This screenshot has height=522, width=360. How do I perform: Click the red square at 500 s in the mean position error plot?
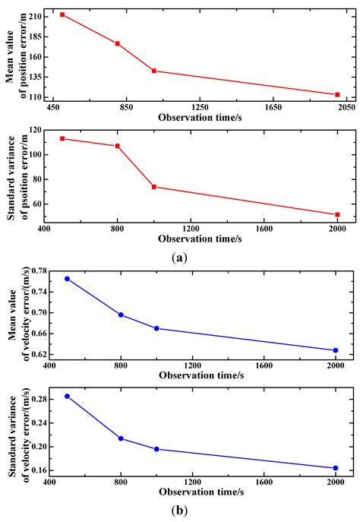[62, 14]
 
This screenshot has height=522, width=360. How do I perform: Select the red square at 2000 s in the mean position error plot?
[337, 95]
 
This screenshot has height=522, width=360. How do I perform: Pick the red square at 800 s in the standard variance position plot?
[118, 146]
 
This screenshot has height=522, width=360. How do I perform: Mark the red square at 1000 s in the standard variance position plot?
[154, 187]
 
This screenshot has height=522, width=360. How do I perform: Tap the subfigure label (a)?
[179, 258]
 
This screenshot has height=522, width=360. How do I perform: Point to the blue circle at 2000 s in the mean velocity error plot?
[336, 350]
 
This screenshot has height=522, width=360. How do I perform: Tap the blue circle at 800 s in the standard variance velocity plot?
[121, 438]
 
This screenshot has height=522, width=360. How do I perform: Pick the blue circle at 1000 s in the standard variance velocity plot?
[156, 449]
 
